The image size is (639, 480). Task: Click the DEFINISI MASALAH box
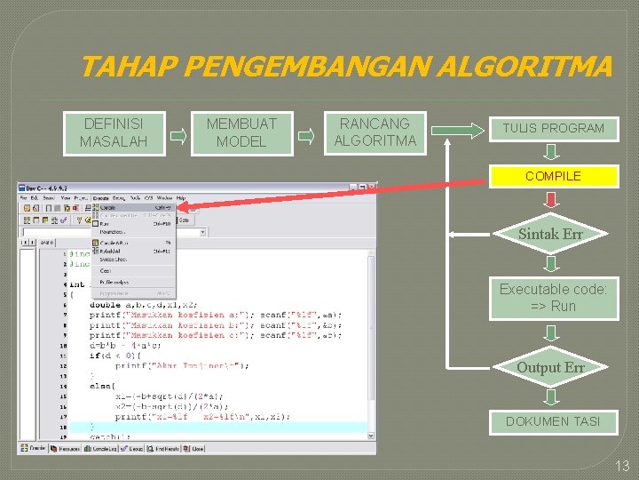point(113,132)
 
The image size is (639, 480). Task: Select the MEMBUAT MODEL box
point(241,132)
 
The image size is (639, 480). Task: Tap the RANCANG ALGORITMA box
point(375,132)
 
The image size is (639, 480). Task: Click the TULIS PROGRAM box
point(553,128)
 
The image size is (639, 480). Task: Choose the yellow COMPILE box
point(553,176)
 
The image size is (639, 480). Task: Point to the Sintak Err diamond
point(550,235)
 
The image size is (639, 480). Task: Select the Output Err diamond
point(550,367)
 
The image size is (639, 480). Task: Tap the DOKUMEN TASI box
point(553,421)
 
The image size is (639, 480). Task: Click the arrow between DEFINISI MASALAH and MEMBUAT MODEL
point(178,136)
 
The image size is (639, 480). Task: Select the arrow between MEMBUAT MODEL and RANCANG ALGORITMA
point(306,136)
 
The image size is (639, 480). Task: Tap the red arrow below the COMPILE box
point(551,200)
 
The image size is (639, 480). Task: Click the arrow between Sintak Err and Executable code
point(551,264)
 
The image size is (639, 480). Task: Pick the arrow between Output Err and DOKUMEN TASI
point(551,396)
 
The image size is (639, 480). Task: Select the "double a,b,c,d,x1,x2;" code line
point(157,304)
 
